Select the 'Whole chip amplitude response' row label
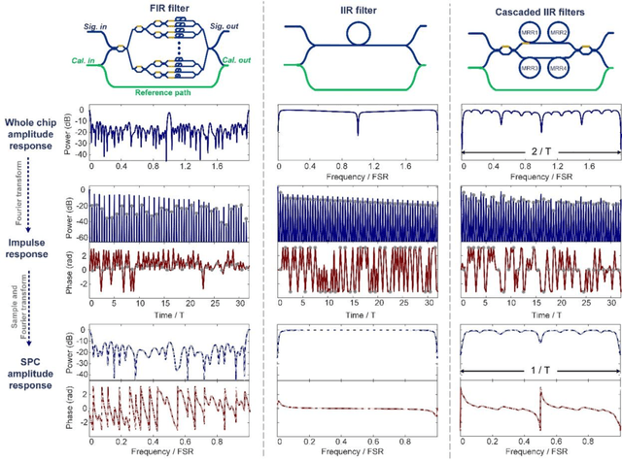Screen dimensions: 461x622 coord(36,131)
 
